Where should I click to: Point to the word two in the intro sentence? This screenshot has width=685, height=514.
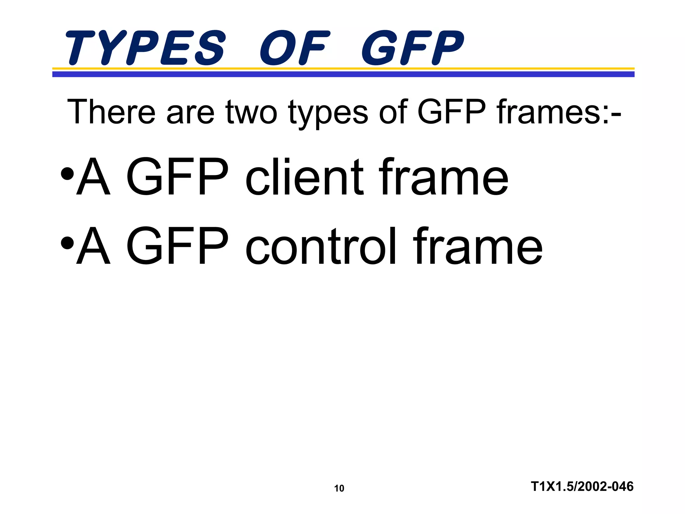(251, 112)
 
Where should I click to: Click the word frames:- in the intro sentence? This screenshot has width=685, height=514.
(559, 112)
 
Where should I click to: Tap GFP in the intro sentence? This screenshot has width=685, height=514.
(452, 112)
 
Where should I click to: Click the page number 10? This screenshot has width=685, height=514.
(339, 489)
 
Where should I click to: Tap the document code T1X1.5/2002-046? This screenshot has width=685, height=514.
(582, 486)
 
